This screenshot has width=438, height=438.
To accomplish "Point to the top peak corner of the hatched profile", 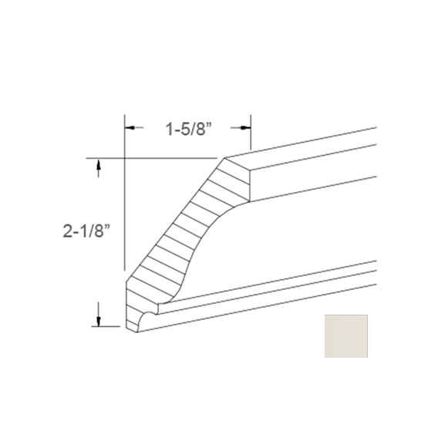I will (x=224, y=159).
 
